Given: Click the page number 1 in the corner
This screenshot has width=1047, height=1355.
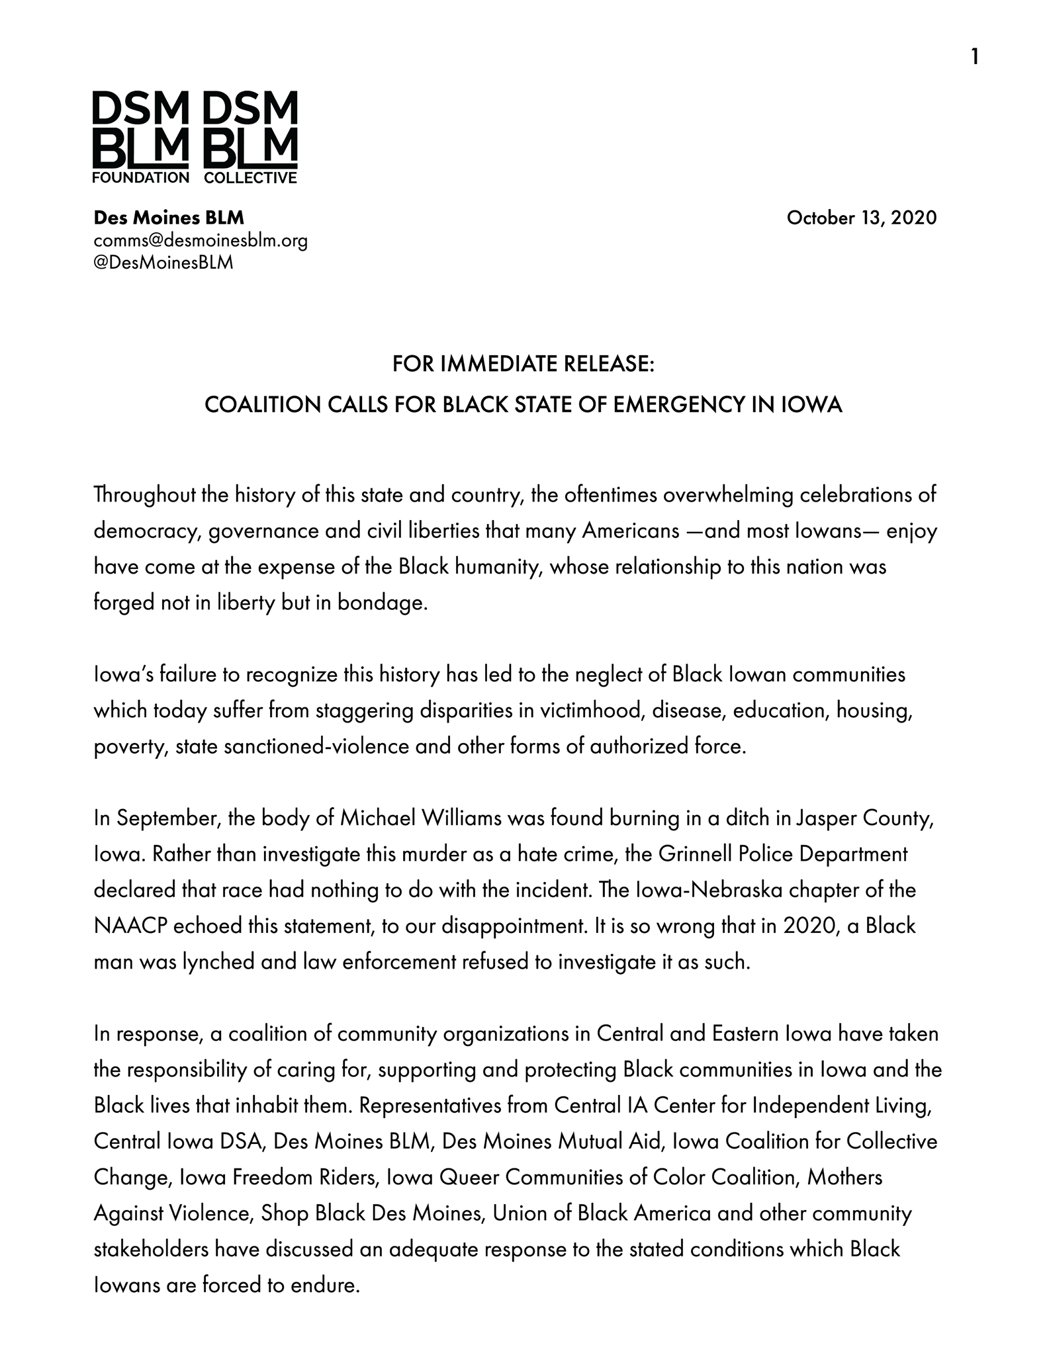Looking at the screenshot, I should [x=974, y=58].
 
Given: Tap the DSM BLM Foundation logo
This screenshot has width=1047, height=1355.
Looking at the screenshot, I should [x=141, y=137].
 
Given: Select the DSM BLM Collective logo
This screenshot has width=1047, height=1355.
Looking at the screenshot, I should [x=251, y=137].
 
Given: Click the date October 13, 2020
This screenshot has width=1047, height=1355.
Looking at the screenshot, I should [x=861, y=218].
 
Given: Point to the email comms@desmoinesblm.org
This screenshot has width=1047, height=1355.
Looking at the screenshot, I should [x=201, y=240].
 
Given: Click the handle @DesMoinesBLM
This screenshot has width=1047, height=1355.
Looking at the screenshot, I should [x=163, y=263].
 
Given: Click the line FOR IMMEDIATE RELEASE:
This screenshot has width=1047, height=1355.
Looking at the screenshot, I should [x=523, y=364].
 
